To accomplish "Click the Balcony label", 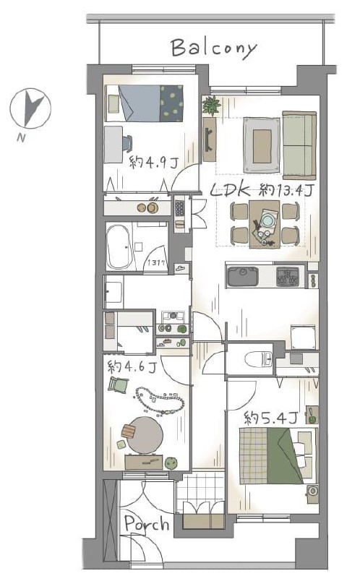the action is pos(214,48).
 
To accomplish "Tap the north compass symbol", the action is pos(30,108).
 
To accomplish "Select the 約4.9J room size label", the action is pos(154,162).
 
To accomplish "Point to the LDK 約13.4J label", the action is pos(262,189).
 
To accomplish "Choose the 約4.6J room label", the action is pos(132,366).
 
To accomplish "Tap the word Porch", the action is pos(147,524).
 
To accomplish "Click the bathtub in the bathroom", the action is pos(119,247).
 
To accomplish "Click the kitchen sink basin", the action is pos(243,277).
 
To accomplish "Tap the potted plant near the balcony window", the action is pos(212,106).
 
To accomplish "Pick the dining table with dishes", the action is pos(265,224).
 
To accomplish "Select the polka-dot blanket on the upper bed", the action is pos(171,103).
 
